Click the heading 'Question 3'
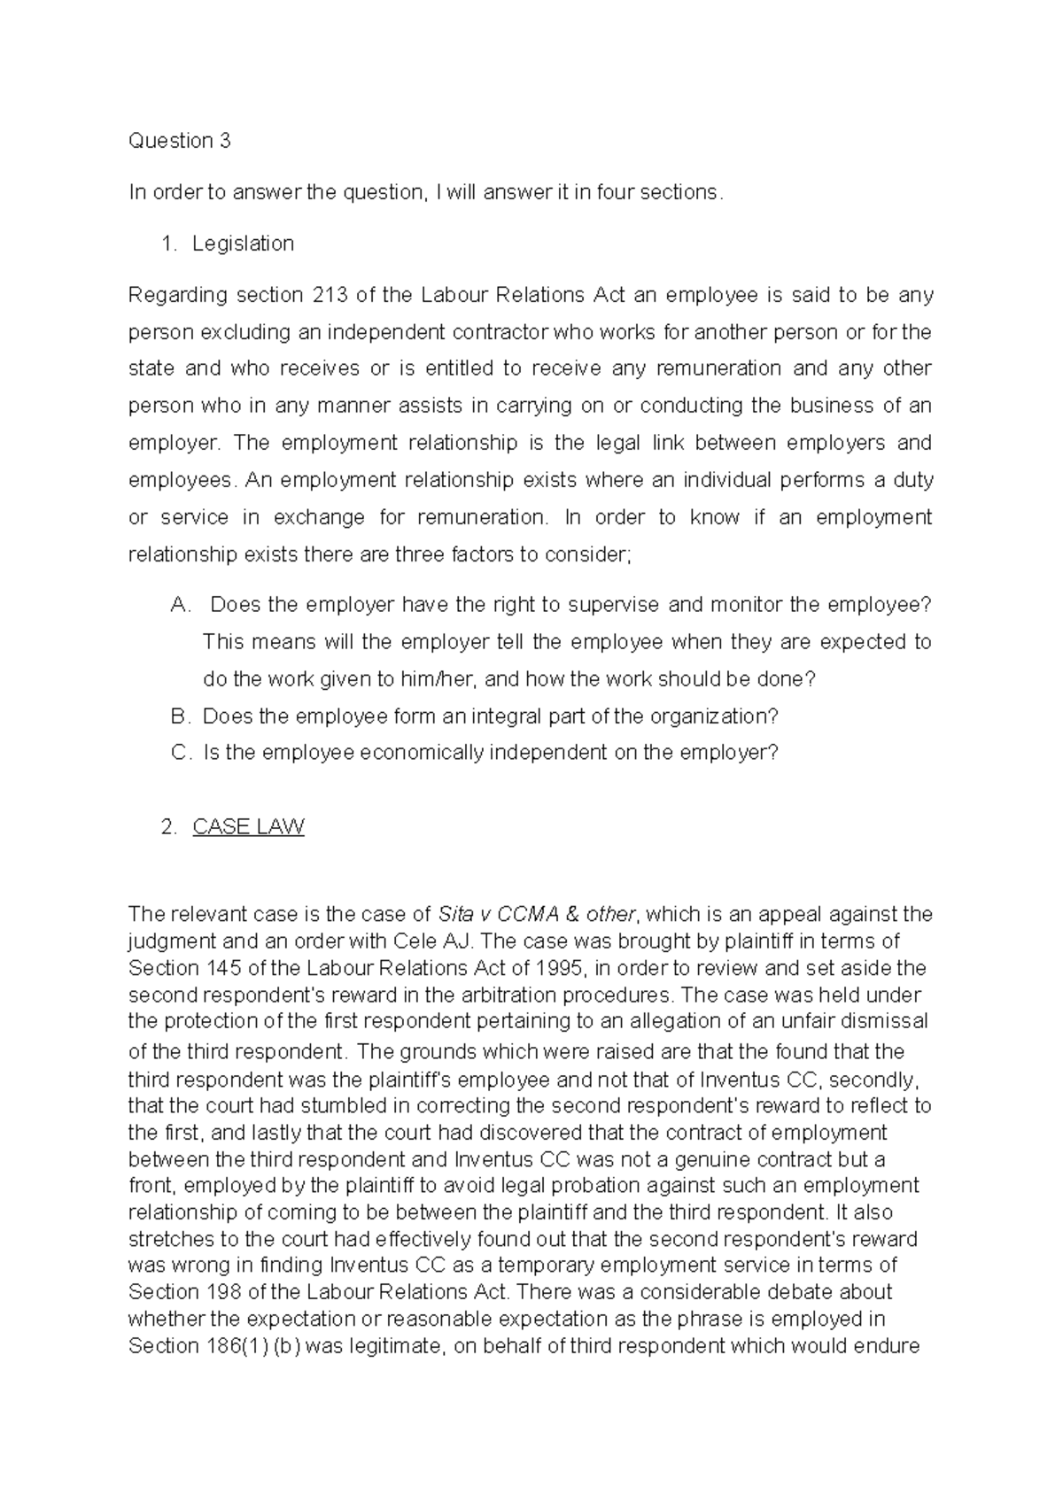point(179,141)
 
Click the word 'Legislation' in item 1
point(243,244)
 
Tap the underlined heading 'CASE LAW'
point(248,827)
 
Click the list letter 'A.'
point(180,605)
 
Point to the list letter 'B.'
point(180,716)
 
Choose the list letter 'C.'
point(180,753)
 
